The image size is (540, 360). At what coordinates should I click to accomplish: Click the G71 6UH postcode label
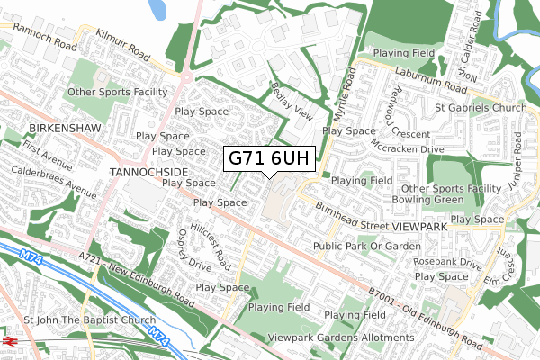pyautogui.click(x=269, y=158)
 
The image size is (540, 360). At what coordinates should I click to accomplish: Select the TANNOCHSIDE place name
pyautogui.click(x=148, y=170)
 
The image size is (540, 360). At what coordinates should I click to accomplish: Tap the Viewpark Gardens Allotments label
pyautogui.click(x=341, y=337)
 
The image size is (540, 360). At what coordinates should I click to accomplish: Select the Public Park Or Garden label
pyautogui.click(x=366, y=246)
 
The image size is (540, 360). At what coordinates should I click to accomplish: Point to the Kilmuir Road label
pyautogui.click(x=123, y=42)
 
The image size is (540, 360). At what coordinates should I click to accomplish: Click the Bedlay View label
pyautogui.click(x=291, y=101)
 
